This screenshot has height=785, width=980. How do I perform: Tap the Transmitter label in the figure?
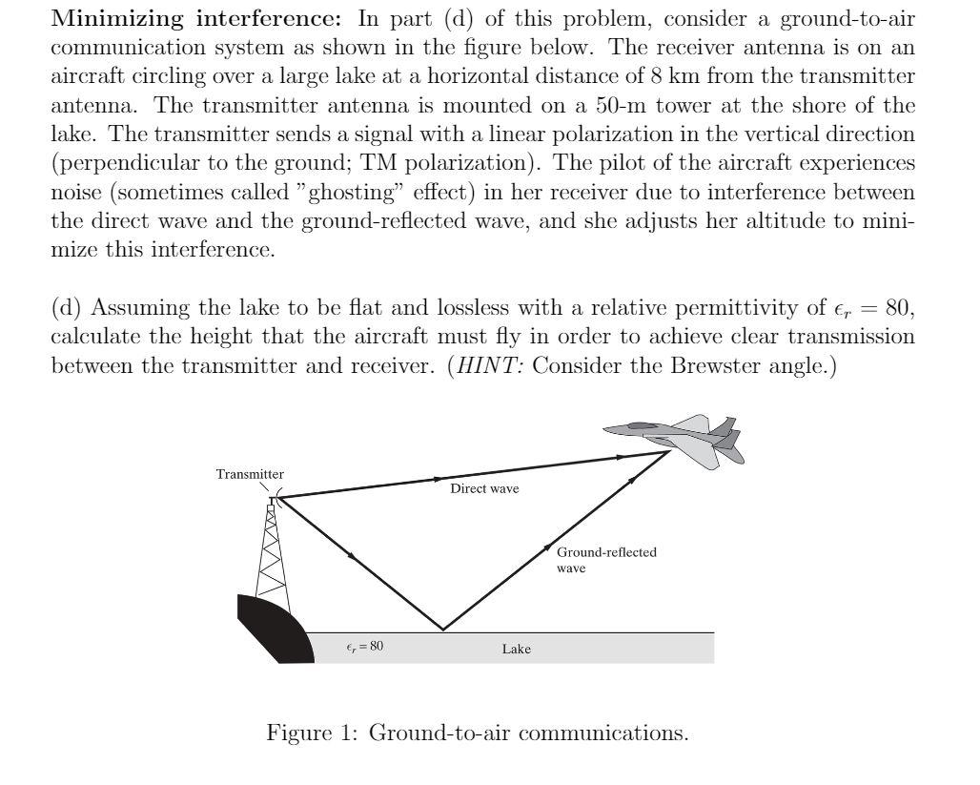(x=250, y=474)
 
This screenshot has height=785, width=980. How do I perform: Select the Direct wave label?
(x=484, y=488)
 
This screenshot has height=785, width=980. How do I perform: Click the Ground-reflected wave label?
(x=606, y=560)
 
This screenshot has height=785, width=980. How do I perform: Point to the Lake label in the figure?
(x=516, y=650)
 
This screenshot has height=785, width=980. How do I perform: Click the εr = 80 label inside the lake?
(x=364, y=646)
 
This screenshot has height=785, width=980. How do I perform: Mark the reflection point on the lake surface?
(x=442, y=630)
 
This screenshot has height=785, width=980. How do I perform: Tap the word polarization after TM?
(x=438, y=163)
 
